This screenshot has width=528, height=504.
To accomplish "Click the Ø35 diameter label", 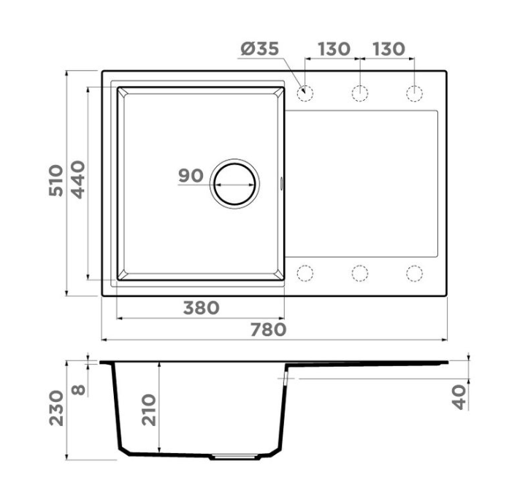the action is click(x=260, y=49).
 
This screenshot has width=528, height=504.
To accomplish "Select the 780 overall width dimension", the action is click(x=268, y=330).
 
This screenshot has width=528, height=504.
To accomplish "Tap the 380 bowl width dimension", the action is click(x=202, y=308).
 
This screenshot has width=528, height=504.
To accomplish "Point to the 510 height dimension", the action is click(x=56, y=181).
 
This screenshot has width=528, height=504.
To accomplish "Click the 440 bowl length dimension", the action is click(x=79, y=180).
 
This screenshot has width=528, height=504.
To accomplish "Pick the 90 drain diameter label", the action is click(x=191, y=176).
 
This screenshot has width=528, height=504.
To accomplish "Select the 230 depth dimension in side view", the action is click(x=56, y=408).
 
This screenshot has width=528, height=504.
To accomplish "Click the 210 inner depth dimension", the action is click(x=149, y=410).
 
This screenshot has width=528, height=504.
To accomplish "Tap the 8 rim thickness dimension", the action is click(x=79, y=390).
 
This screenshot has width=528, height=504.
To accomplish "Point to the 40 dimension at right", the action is click(x=459, y=397).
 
